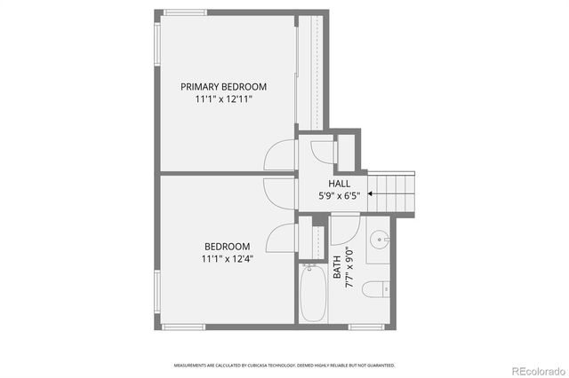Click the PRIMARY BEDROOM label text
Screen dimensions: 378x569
click(223, 87)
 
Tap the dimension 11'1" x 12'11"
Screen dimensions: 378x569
click(223, 100)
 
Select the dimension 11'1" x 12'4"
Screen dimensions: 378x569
click(227, 259)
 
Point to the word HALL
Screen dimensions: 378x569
click(339, 184)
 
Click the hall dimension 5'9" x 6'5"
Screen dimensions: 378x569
click(339, 197)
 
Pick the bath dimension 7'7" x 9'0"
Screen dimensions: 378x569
click(349, 267)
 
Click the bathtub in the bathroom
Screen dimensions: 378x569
click(313, 296)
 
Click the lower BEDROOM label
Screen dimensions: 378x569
click(227, 247)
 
